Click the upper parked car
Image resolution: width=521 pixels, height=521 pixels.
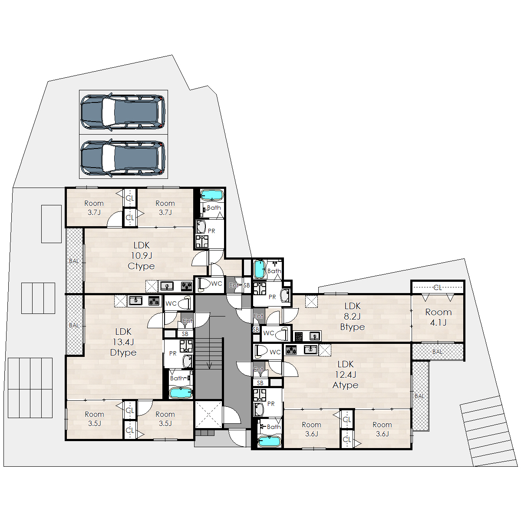pyautogui.click(x=123, y=112)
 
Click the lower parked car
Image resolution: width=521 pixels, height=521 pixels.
pyautogui.click(x=123, y=158)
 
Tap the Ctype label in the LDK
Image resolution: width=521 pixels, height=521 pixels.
pyautogui.click(x=141, y=266)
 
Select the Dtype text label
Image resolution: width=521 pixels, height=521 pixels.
pyautogui.click(x=123, y=353)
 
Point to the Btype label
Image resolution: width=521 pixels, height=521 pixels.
pyautogui.click(x=353, y=327)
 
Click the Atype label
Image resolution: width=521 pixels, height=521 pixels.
pyautogui.click(x=346, y=385)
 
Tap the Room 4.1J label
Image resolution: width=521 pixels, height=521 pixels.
pyautogui.click(x=438, y=317)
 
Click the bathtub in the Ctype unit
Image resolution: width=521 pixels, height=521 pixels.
pyautogui.click(x=212, y=195)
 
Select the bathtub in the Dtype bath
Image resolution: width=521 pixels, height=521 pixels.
pyautogui.click(x=181, y=393)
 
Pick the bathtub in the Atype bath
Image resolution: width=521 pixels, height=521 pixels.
pyautogui.click(x=269, y=442)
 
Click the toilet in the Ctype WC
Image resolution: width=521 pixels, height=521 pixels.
pyautogui.click(x=204, y=285)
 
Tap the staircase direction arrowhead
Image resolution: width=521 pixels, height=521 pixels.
pyautogui.click(x=209, y=366)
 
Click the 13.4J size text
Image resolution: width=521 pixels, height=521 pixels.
pyautogui.click(x=123, y=342)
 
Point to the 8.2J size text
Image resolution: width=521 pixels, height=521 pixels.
pyautogui.click(x=352, y=317)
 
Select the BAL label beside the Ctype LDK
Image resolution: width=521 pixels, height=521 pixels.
pyautogui.click(x=74, y=261)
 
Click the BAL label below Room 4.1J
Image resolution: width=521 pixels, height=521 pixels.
pyautogui.click(x=437, y=352)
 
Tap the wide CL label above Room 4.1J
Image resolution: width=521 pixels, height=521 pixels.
pyautogui.click(x=438, y=287)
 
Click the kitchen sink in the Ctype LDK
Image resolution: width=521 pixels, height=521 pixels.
pyautogui.click(x=167, y=286)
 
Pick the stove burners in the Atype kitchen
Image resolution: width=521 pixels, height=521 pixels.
pyautogui.click(x=291, y=350)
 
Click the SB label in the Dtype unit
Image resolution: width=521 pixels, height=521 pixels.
pyautogui.click(x=185, y=334)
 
